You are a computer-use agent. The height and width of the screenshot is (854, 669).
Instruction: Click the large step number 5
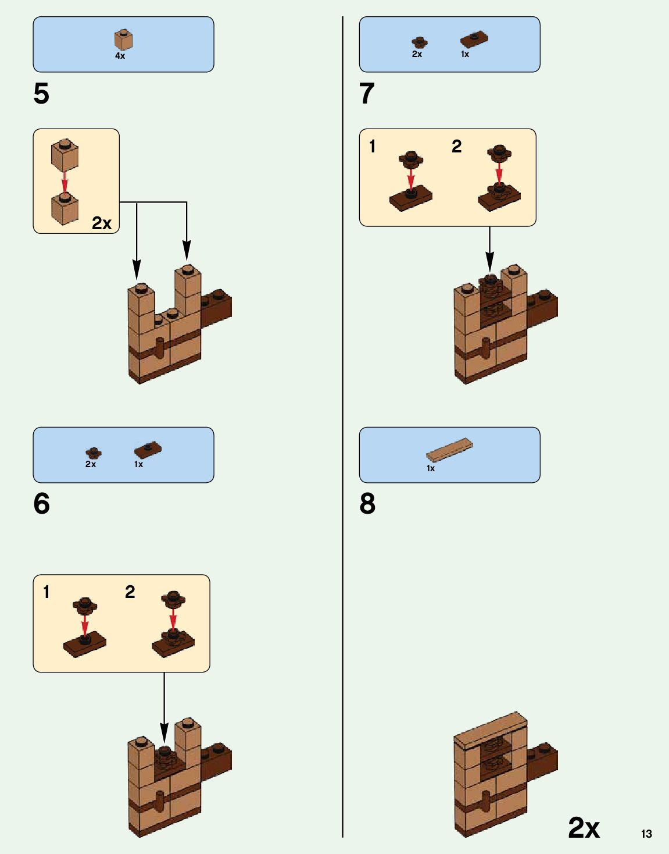(x=41, y=94)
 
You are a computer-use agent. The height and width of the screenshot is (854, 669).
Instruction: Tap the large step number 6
(x=41, y=504)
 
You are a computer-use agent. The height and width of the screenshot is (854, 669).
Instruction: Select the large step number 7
(x=367, y=94)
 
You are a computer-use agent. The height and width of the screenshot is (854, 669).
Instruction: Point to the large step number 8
(x=367, y=504)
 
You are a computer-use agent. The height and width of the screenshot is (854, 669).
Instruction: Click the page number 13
(x=646, y=834)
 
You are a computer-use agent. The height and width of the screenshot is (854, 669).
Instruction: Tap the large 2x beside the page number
(x=584, y=827)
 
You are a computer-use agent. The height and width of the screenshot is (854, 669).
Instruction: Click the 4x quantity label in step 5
(x=120, y=56)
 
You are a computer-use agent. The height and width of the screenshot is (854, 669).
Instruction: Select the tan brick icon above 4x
(x=123, y=40)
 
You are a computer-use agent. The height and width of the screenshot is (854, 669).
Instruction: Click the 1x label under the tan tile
(x=431, y=468)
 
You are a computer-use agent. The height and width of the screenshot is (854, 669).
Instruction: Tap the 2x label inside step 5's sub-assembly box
(x=102, y=223)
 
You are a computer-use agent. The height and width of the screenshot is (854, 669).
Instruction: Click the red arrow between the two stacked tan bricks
(x=65, y=180)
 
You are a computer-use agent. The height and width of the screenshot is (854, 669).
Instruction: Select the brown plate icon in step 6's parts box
(x=148, y=450)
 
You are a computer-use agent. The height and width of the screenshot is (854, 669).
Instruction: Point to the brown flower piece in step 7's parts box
(x=419, y=42)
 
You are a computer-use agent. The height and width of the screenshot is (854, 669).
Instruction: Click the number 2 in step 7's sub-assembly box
(x=456, y=146)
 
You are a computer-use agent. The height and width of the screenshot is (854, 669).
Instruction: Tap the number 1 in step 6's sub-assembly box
(x=46, y=592)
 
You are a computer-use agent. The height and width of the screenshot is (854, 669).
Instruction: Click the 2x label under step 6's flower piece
(x=91, y=464)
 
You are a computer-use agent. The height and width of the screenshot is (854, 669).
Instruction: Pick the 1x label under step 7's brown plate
(x=465, y=54)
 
